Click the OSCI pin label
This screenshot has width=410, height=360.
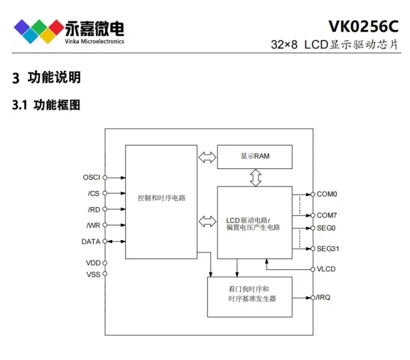pos(91,177)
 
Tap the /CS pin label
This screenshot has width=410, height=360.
pos(93,193)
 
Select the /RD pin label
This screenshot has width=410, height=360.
pos(93,210)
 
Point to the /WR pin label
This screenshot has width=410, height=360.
pos(93,225)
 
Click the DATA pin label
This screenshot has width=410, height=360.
pos(91,241)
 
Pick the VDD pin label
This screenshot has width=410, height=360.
pos(93,263)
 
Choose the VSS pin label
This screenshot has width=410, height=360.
pos(93,274)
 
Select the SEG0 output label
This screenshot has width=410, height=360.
pos(326,228)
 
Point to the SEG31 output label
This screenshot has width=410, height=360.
pos(328,249)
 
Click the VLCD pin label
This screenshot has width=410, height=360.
pos(327,269)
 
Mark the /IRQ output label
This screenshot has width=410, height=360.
pos(324,298)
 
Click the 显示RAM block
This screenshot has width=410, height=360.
pos(255,156)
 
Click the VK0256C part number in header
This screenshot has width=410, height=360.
pos(363,27)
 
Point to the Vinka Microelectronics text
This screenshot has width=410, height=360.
pos(94,42)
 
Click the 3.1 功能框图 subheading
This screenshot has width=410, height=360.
pos(47,106)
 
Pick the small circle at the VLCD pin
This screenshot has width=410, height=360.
pos(312,269)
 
